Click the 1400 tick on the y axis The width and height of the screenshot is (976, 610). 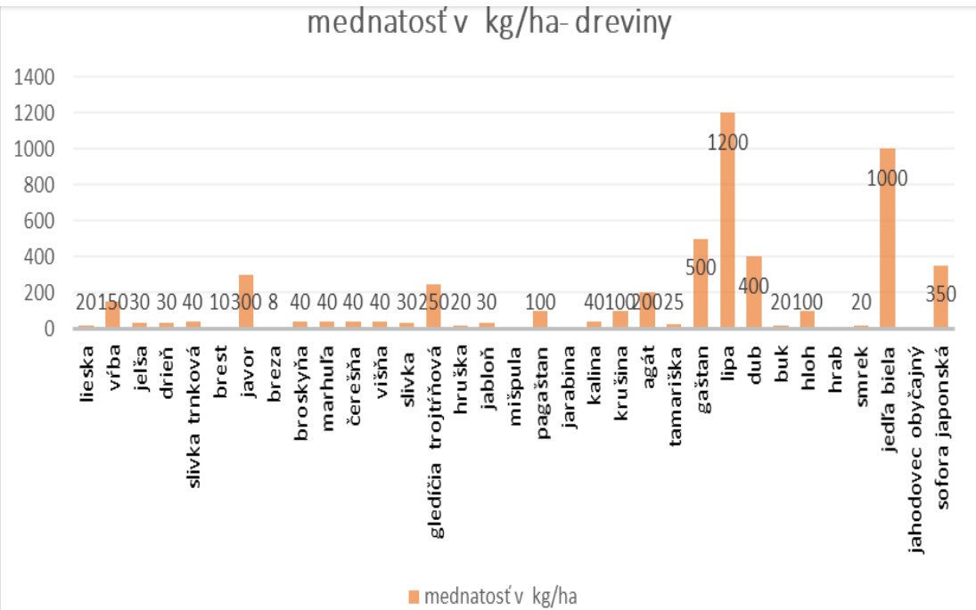click(x=36, y=77)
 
